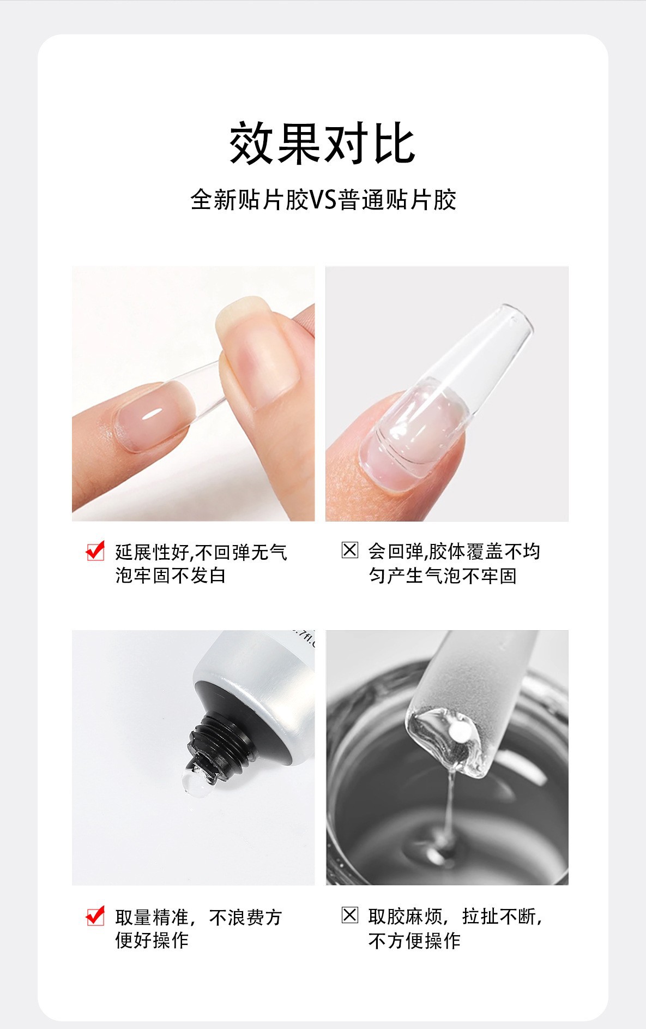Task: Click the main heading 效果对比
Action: click(322, 143)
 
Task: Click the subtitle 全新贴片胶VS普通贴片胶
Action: click(323, 200)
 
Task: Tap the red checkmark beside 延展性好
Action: click(95, 551)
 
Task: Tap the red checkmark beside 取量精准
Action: click(95, 916)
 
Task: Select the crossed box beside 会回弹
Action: click(350, 550)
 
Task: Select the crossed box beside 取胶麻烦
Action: click(350, 915)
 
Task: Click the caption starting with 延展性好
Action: click(201, 564)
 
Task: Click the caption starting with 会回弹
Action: click(454, 563)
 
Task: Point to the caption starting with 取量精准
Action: click(198, 929)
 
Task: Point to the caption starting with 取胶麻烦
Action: click(455, 928)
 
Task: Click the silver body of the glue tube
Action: click(262, 671)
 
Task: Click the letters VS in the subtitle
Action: click(323, 200)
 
